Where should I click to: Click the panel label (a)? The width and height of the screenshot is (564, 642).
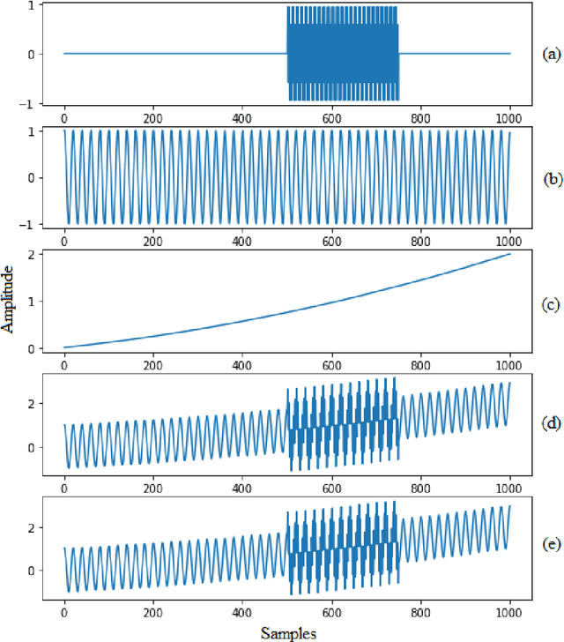pos(551,54)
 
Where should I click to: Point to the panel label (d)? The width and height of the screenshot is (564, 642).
pos(551,422)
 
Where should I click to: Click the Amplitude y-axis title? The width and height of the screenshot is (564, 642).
pos(8,301)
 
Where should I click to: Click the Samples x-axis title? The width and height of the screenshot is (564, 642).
pos(288,632)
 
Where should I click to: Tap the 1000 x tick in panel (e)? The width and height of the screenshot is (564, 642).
pos(510,611)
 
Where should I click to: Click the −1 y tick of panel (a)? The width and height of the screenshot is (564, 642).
pos(31,102)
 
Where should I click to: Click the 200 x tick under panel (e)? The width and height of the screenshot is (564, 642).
pos(153,611)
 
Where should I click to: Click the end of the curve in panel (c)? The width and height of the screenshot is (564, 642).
pos(510,254)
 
